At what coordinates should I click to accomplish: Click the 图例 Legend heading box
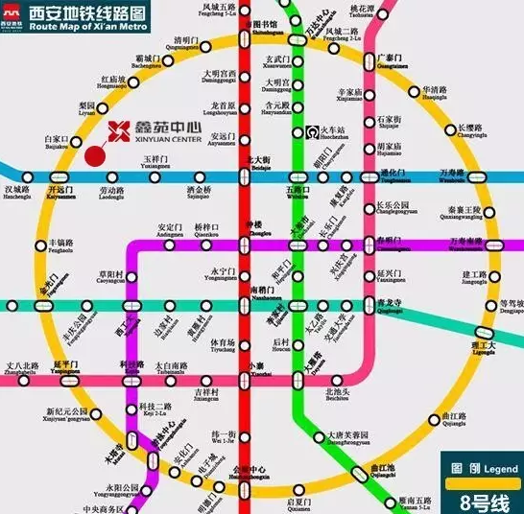(470, 471)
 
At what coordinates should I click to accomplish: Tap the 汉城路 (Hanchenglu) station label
(17, 194)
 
